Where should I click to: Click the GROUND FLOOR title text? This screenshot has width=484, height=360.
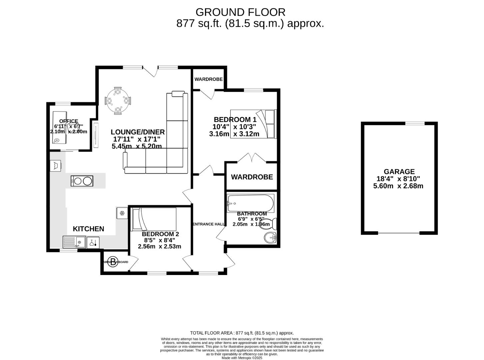[x=240, y=12]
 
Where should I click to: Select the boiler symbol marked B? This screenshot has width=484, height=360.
[x=114, y=262]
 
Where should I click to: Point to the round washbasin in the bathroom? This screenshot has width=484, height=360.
[x=270, y=238]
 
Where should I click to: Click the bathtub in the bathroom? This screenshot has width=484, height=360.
[x=250, y=203]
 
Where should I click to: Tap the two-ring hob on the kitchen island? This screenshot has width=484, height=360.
[x=82, y=181]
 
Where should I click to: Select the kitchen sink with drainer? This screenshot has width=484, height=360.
[x=74, y=242]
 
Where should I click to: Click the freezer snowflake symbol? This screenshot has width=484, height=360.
[x=122, y=213]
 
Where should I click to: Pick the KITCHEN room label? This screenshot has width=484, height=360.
[x=88, y=229]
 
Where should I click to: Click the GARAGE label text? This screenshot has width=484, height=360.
[x=399, y=172]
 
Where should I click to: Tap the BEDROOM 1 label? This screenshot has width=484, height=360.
[x=235, y=119]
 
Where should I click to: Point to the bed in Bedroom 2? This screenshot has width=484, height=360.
[x=154, y=219]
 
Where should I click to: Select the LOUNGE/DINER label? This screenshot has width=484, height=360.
[x=138, y=132]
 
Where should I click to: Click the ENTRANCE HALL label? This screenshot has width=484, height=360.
[x=209, y=224]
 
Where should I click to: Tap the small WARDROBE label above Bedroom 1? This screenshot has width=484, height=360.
[x=208, y=79]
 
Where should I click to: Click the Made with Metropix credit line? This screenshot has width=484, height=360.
[x=242, y=358]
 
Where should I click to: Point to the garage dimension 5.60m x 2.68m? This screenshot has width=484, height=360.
[x=398, y=186]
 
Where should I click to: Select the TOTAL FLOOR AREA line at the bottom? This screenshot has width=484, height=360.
[x=242, y=333]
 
